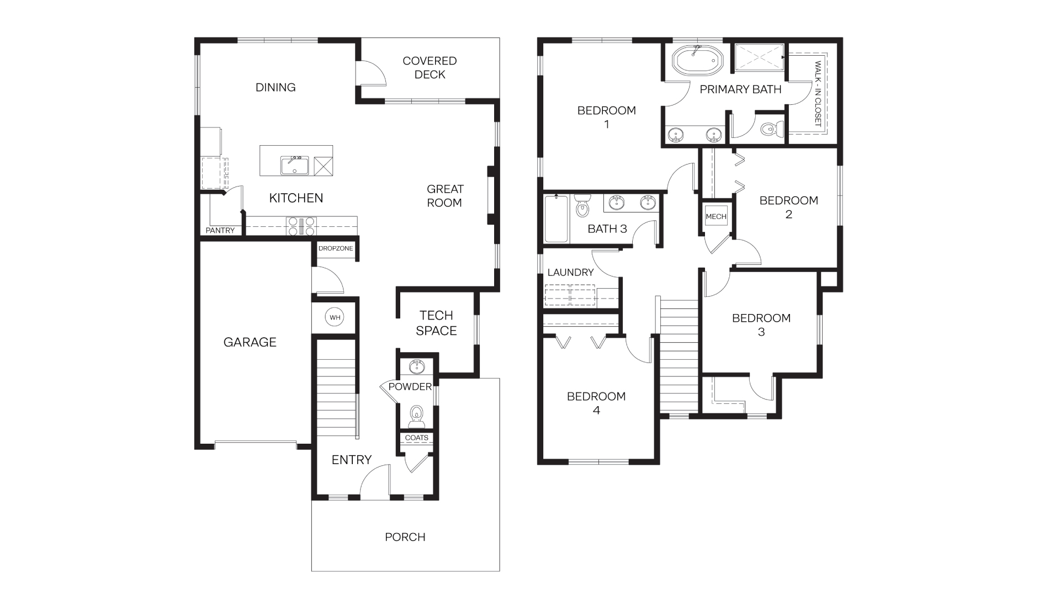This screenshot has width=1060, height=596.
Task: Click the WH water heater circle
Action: click(335, 317)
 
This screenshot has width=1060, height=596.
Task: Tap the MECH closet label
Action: click(716, 216)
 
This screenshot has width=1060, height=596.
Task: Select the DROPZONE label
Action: click(336, 248)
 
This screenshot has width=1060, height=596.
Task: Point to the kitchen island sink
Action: click(294, 165)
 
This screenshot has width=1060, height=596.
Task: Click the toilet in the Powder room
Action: click(416, 416)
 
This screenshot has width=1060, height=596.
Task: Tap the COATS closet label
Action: click(416, 438)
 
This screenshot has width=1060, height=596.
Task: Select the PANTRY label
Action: click(220, 230)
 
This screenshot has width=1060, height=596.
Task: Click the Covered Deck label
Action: click(430, 67)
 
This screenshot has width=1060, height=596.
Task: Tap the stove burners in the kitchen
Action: click(301, 226)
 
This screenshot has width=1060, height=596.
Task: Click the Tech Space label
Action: click(436, 323)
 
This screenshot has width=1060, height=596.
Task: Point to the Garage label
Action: click(250, 342)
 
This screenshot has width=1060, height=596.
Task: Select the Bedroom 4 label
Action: click(596, 403)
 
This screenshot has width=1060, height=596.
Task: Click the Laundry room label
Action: click(570, 272)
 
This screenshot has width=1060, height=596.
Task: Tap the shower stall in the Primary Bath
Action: click(758, 57)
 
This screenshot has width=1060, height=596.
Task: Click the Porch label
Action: click(405, 537)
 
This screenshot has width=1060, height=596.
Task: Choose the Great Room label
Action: click(444, 196)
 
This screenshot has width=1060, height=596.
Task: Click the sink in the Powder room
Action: click(417, 366)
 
